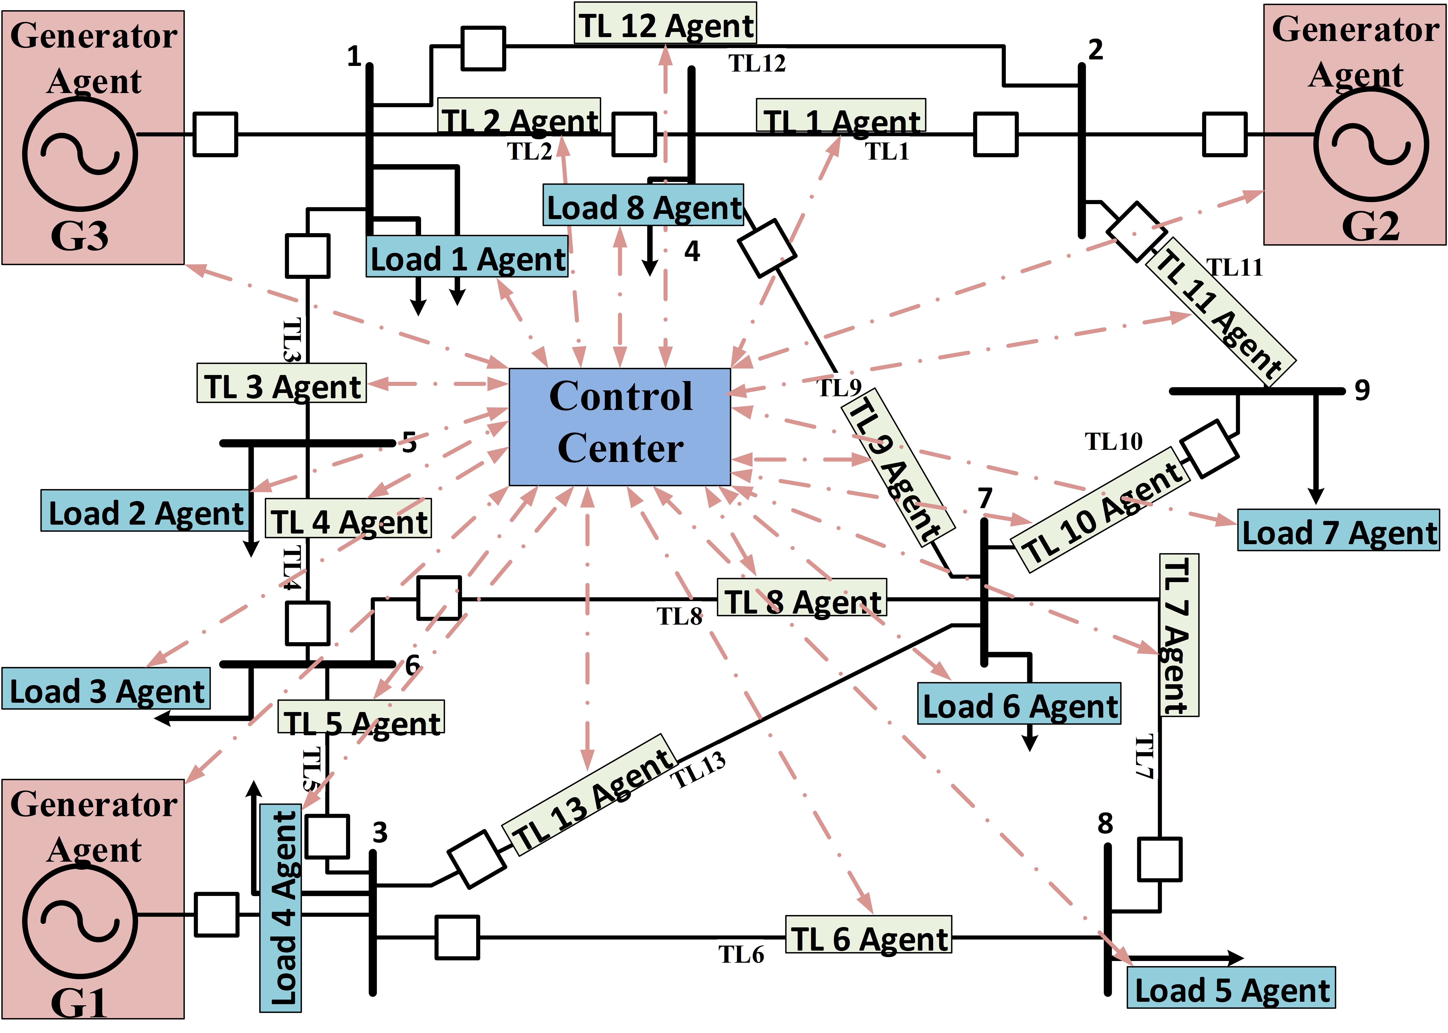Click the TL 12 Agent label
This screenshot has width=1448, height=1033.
point(666,24)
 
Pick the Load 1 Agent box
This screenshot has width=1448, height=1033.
point(467,257)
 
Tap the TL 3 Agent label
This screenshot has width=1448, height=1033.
point(282,384)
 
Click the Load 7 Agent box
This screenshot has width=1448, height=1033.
point(1339,530)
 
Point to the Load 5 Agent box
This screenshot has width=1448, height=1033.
point(1231,988)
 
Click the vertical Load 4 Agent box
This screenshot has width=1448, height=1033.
point(280,908)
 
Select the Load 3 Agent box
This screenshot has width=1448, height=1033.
point(106,689)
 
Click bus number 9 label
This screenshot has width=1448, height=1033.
point(1362,391)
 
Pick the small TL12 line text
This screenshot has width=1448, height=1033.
point(757,64)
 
